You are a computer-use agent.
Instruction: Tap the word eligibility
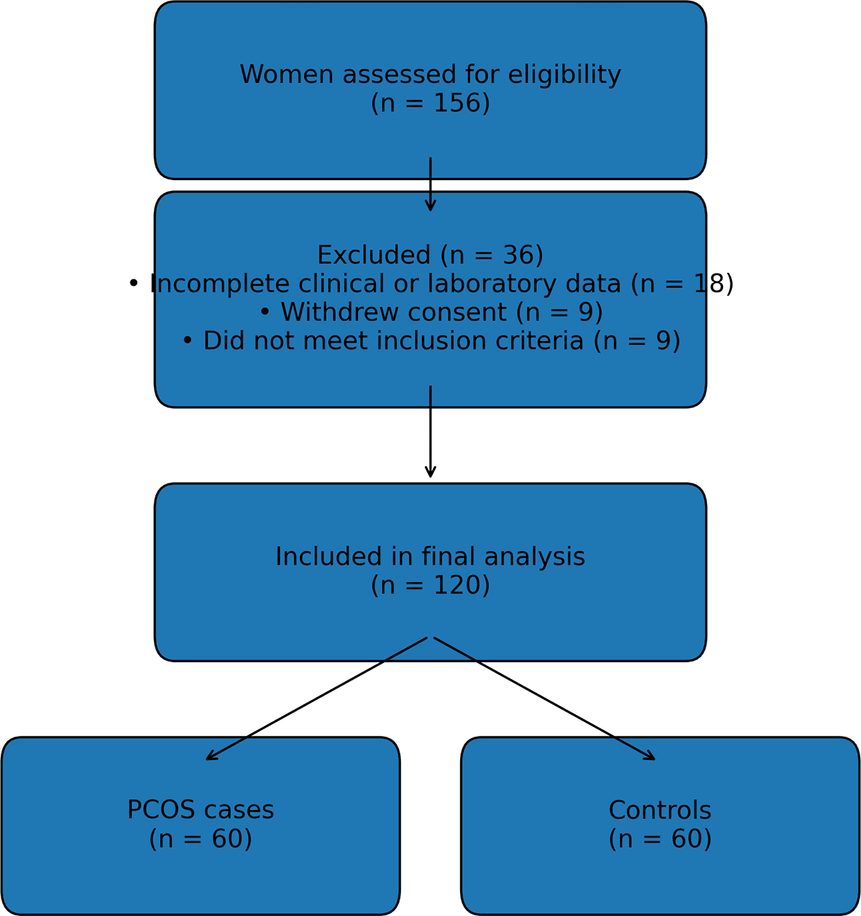tap(564, 75)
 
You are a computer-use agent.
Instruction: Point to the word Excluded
tap(374, 256)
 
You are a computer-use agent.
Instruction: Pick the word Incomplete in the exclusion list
tap(209, 284)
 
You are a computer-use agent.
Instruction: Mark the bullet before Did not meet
tap(187, 341)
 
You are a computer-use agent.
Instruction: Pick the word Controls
tap(660, 811)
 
